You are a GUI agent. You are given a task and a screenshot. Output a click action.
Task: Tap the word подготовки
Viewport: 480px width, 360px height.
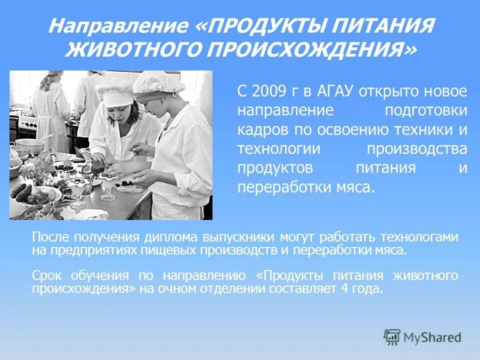point(425,110)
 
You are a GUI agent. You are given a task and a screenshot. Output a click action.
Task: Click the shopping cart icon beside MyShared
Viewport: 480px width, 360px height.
point(392,336)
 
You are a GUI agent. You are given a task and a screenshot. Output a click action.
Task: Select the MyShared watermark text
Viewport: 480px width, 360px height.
point(432,337)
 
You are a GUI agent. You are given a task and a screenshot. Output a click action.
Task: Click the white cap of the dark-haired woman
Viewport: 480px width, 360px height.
point(114,90)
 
